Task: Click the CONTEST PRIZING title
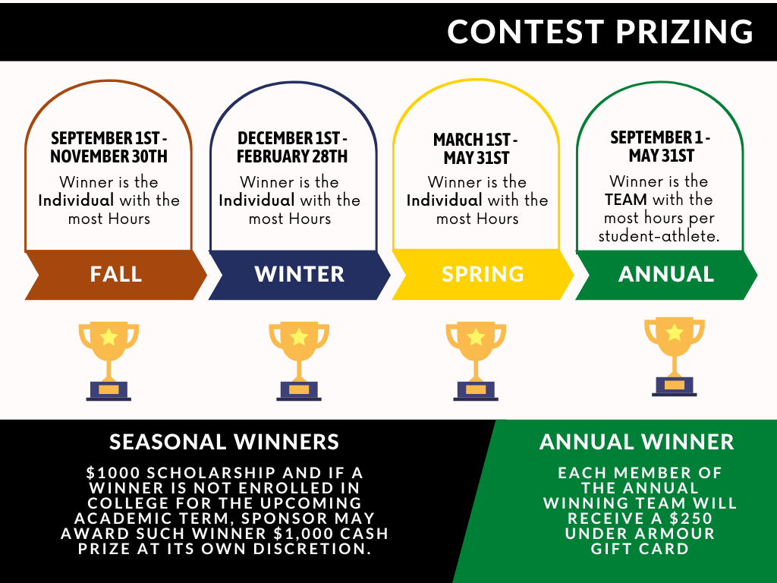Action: click(600, 32)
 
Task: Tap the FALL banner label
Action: click(116, 274)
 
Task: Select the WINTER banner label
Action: click(299, 274)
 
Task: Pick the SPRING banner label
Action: click(483, 274)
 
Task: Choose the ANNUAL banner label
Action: click(666, 274)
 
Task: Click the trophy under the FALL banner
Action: click(109, 361)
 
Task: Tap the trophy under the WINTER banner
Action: click(299, 361)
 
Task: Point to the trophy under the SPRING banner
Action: click(476, 361)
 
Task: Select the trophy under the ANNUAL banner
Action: click(675, 357)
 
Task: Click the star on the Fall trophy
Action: click(109, 337)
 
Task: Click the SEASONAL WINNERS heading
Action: click(224, 442)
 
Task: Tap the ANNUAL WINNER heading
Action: click(637, 442)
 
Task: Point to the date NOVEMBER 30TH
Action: click(109, 156)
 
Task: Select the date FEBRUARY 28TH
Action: click(292, 156)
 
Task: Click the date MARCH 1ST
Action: click(472, 140)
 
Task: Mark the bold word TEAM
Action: click(626, 200)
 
